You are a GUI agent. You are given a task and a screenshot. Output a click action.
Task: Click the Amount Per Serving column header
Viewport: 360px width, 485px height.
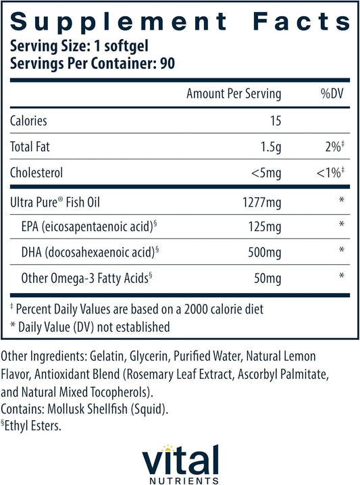coord(234,94)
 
